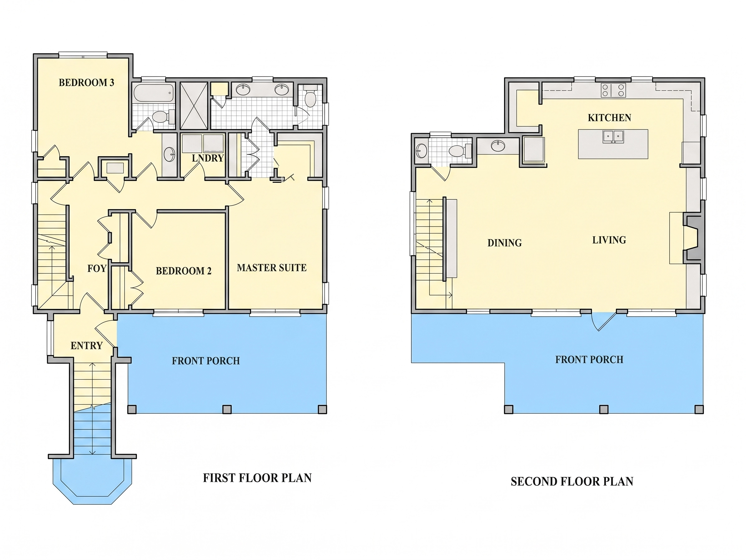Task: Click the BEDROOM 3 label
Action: (86, 83)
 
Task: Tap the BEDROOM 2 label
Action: (184, 271)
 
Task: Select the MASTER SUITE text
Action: (272, 268)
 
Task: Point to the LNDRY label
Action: (208, 158)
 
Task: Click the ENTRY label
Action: (86, 346)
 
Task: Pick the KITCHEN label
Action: (609, 118)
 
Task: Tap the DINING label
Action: (504, 243)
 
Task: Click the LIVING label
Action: (609, 240)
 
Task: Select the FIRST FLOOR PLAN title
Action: (257, 478)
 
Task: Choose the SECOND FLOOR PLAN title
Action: (572, 481)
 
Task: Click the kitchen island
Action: (613, 144)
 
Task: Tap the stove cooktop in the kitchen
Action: (613, 90)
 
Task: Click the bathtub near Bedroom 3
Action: (154, 93)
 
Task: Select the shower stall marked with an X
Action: (194, 106)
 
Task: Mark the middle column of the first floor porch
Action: (227, 409)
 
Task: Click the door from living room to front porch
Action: (604, 321)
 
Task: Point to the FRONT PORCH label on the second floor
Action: (589, 360)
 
